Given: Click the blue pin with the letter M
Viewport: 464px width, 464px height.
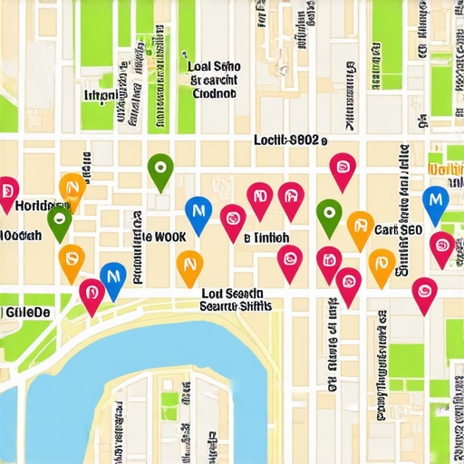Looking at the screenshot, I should [436, 199].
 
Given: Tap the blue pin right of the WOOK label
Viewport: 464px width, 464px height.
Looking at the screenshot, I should [198, 211].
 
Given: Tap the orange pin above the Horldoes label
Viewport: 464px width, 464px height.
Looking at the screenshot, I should [72, 187].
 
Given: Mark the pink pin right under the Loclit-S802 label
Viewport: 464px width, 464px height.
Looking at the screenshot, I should [342, 168].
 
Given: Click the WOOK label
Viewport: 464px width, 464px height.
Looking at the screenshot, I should [164, 236].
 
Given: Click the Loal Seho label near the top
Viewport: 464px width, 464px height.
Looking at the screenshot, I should [213, 66].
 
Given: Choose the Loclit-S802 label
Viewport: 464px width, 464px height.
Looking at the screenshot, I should [288, 140].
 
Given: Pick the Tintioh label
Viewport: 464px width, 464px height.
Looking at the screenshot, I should [266, 237].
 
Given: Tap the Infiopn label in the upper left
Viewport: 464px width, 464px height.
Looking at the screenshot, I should [106, 95].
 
